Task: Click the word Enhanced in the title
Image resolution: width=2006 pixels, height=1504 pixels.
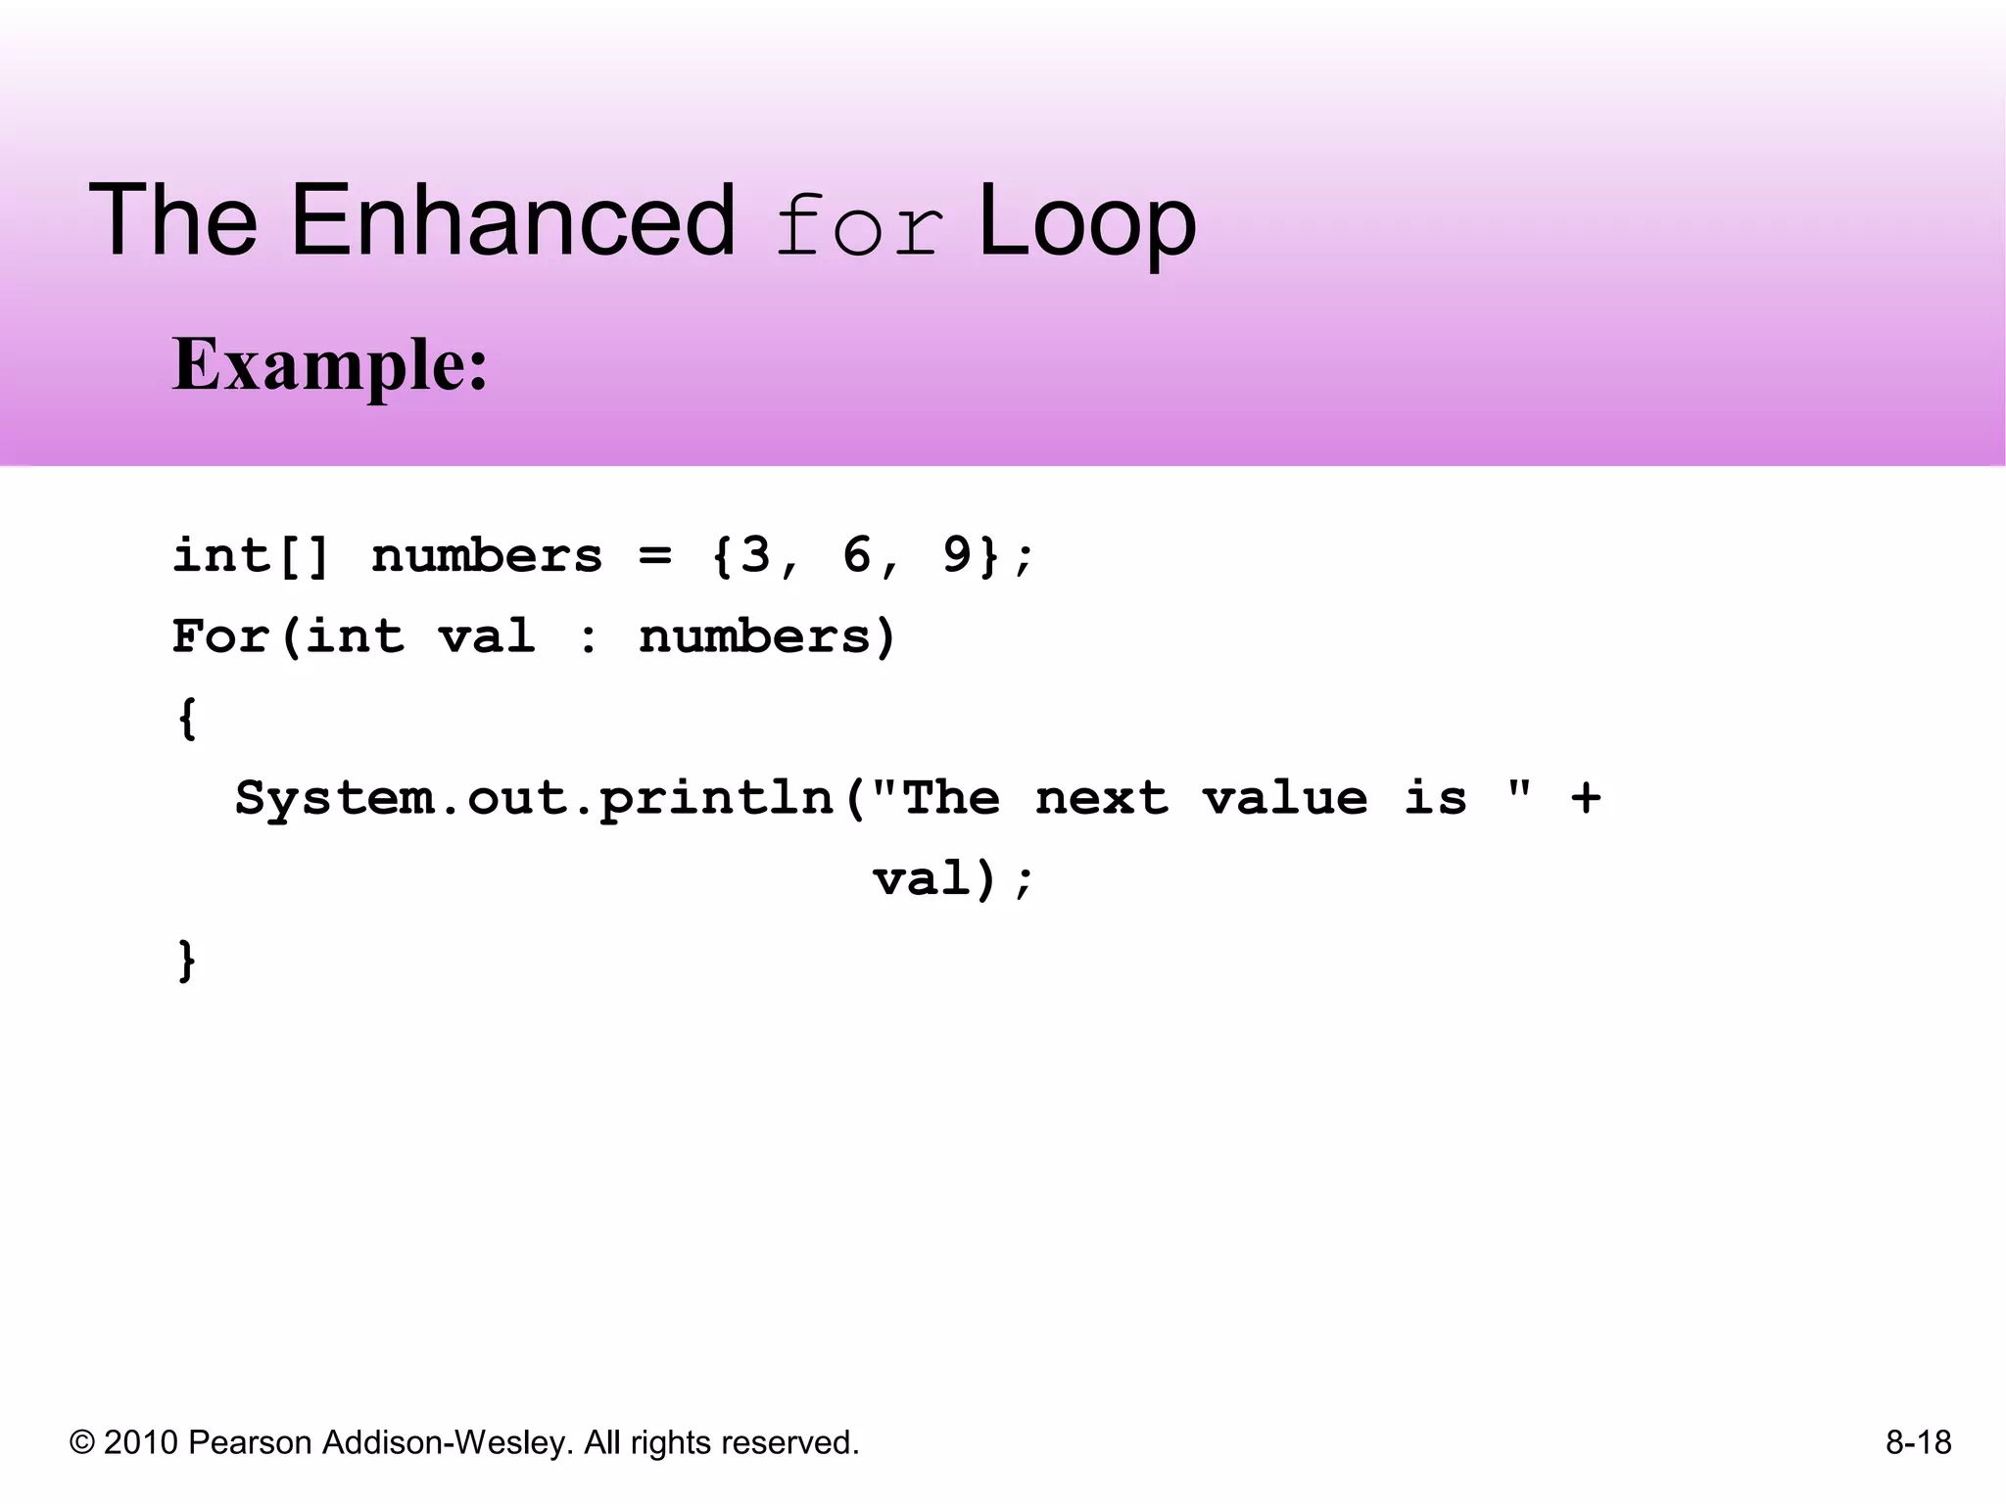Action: [x=511, y=221]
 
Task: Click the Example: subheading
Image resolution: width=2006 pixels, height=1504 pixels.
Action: [x=330, y=364]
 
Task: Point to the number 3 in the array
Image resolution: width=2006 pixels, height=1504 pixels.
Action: [x=755, y=555]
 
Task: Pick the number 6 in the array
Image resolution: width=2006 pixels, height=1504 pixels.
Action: [x=856, y=555]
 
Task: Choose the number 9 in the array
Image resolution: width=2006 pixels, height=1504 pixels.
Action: [x=957, y=555]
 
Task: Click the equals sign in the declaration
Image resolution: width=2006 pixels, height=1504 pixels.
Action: [x=655, y=556]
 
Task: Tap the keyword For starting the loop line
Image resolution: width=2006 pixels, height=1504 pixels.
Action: [x=220, y=636]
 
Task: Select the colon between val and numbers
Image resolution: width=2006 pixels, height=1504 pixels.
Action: [x=588, y=638]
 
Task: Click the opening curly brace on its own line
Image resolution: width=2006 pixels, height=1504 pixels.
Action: [x=187, y=719]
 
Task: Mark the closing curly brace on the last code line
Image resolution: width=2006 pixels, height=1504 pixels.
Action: [x=187, y=960]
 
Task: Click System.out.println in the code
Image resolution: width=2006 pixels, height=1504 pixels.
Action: [x=534, y=799]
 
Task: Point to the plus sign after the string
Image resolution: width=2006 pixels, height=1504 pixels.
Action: [x=1586, y=797]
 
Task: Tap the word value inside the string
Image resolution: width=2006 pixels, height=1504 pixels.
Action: [x=1285, y=797]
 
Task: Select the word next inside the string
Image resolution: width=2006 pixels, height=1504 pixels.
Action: [x=1102, y=797]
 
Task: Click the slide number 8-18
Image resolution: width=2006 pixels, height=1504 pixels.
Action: [x=1918, y=1442]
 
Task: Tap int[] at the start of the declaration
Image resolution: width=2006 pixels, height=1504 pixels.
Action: [x=252, y=555]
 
